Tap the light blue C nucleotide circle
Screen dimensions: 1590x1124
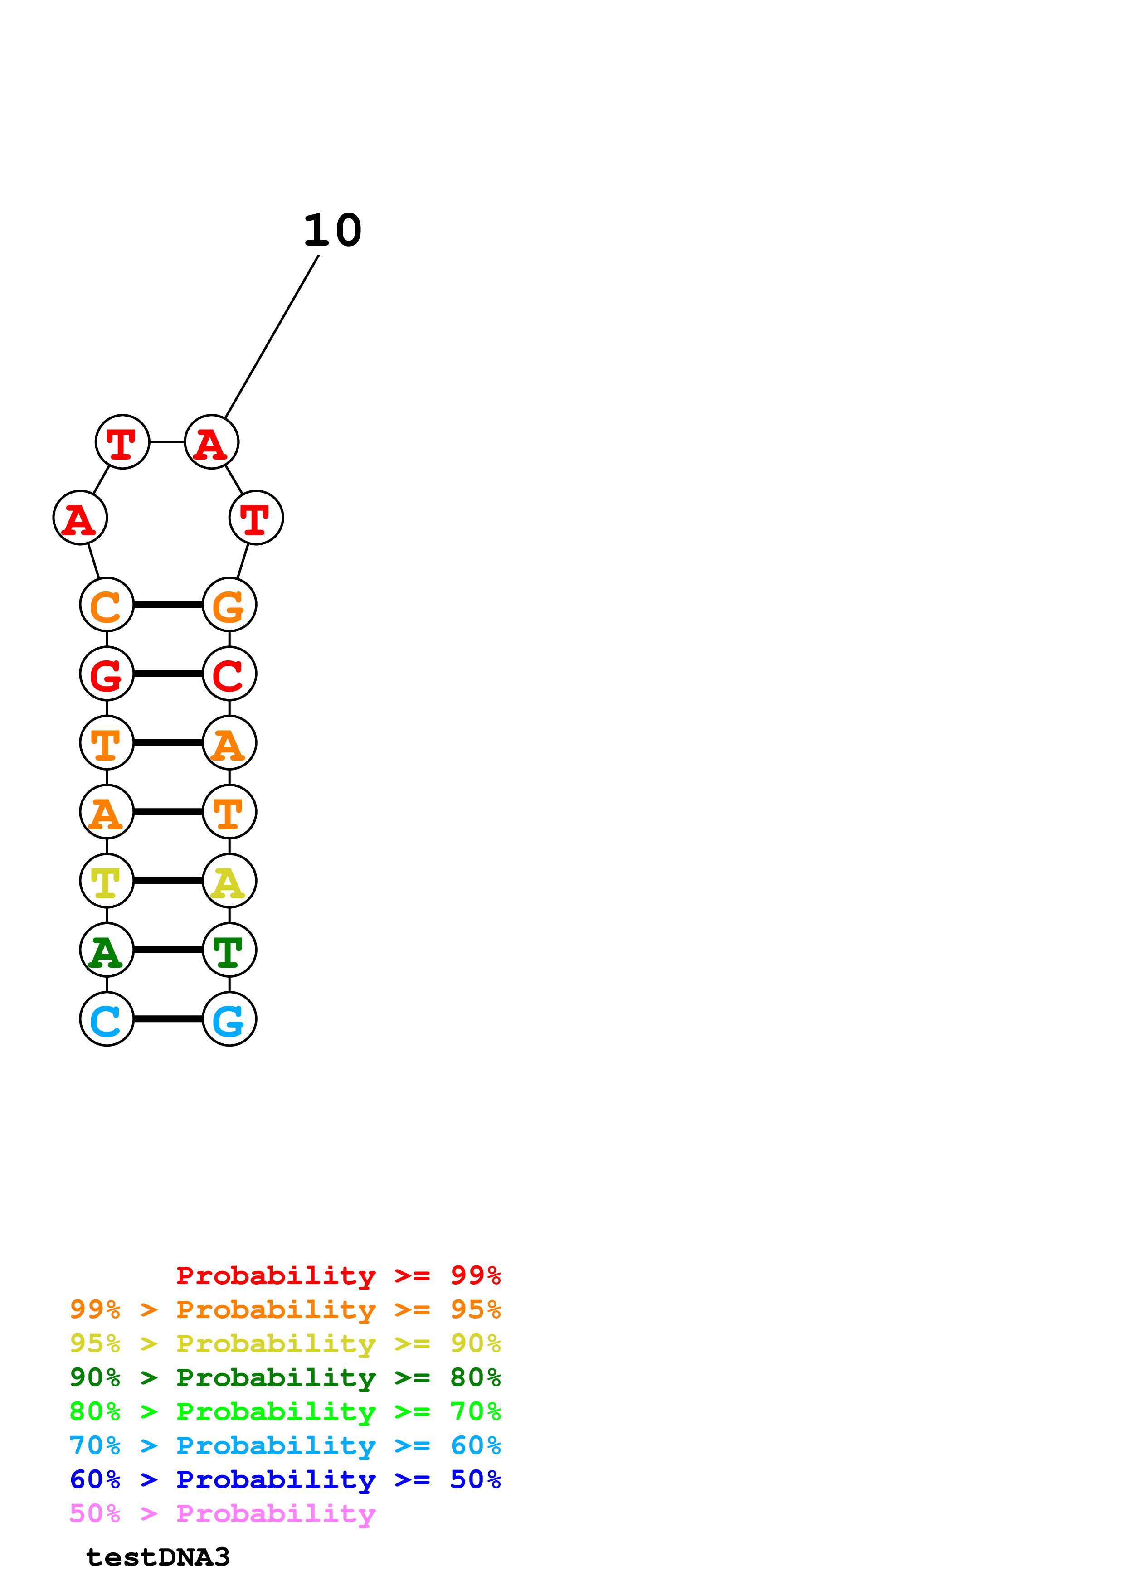[107, 1019]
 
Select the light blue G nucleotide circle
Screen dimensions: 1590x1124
[229, 1019]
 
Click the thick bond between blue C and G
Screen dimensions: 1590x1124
[168, 1019]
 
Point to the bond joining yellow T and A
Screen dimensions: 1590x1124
[168, 880]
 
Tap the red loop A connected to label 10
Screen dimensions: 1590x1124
[211, 442]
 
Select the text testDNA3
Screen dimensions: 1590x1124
[157, 1557]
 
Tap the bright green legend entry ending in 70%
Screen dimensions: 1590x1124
[285, 1411]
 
